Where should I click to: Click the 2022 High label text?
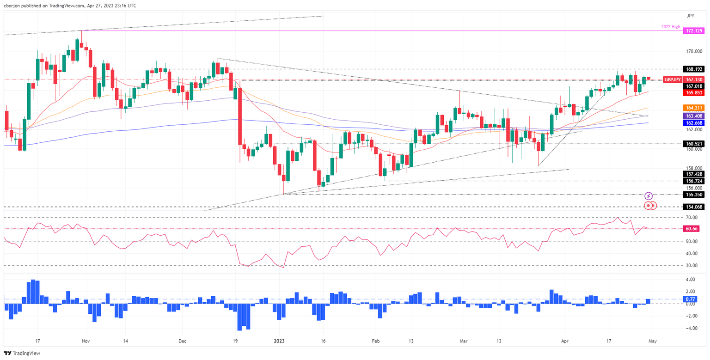670,27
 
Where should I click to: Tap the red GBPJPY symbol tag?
673,79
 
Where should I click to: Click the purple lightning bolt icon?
649,196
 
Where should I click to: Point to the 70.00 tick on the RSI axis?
692,217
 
